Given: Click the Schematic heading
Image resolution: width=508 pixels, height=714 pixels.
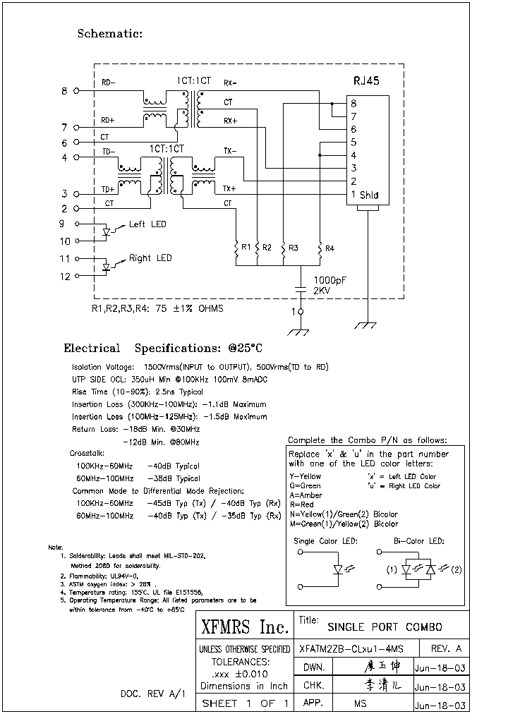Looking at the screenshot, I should (109, 33).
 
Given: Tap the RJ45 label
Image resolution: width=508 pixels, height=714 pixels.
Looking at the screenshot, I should (366, 81).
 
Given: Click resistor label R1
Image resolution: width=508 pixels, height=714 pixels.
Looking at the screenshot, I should (246, 247).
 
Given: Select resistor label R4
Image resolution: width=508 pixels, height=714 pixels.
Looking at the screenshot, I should (329, 248).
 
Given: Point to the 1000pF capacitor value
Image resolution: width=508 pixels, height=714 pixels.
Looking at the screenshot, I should (329, 280).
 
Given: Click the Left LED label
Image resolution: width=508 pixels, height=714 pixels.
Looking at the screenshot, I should (147, 224).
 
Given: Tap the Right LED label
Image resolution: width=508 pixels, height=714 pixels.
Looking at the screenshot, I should (150, 258).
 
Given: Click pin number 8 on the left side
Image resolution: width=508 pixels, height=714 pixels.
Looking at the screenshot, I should (65, 91).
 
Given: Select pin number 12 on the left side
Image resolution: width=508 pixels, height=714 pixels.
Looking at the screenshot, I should (65, 277).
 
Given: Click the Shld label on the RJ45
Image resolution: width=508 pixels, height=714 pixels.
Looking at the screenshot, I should (369, 195).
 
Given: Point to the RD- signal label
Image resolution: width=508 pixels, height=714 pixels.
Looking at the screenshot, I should (108, 83).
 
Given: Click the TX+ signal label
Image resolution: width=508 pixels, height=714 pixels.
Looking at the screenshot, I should (230, 189).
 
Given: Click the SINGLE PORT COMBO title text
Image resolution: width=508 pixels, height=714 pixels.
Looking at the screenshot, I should (385, 627).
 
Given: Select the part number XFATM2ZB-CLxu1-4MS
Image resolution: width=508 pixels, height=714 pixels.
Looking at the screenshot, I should (351, 648).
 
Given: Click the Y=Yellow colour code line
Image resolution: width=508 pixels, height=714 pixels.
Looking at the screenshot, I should (305, 477).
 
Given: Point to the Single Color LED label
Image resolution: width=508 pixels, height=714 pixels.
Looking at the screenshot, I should (325, 540).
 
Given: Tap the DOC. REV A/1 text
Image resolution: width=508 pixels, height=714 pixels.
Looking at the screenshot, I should (152, 694).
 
